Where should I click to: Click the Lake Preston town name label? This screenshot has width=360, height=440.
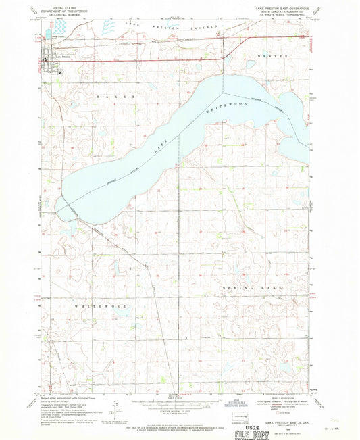63,56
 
